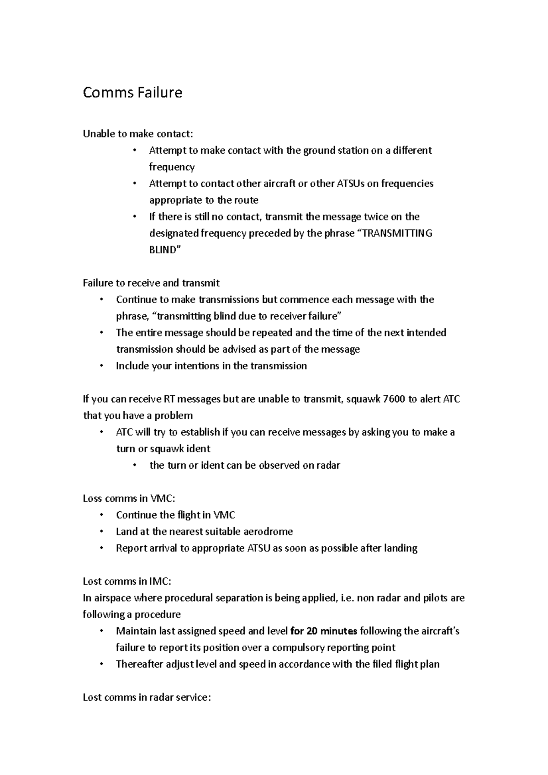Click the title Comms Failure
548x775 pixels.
point(132,93)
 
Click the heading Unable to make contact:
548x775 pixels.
point(138,134)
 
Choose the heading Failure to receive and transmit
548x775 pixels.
point(151,283)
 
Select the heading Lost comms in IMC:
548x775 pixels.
point(127,581)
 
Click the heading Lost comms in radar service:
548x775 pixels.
point(147,697)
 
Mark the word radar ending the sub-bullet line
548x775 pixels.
point(328,466)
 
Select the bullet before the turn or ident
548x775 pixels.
point(135,466)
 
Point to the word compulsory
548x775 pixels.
point(301,648)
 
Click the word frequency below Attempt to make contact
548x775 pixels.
point(172,167)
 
